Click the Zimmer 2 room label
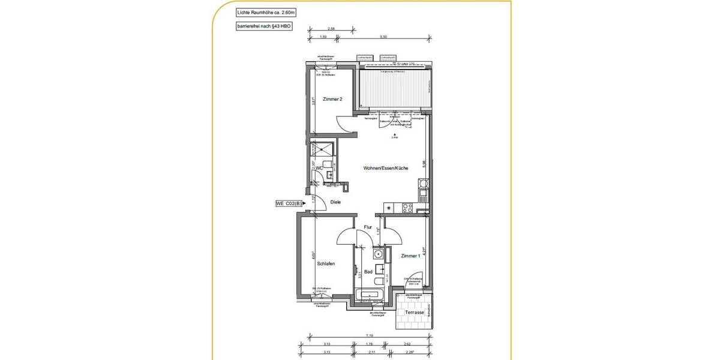332,99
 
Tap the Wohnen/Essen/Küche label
386,169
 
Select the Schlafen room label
326,264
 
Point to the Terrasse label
415,313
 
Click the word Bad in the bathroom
368,272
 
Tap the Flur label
368,227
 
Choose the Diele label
335,202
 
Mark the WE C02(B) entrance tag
289,204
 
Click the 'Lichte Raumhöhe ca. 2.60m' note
258,12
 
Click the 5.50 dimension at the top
383,37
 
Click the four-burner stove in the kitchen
407,208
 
